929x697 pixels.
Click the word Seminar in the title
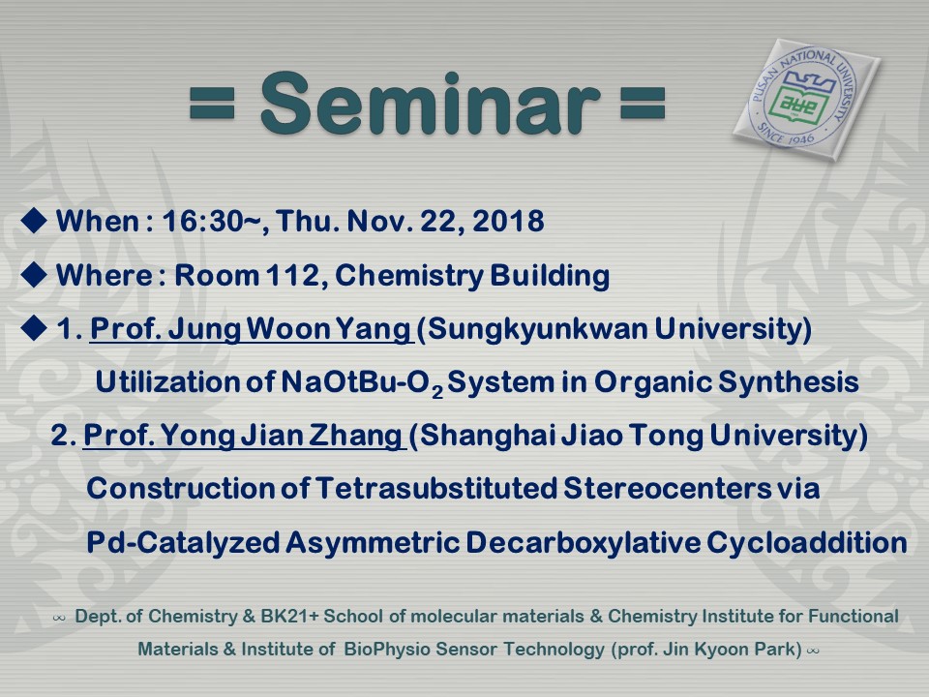tap(430, 104)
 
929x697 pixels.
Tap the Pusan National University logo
tap(806, 101)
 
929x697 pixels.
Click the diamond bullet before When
tap(34, 221)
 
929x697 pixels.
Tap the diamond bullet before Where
tap(34, 274)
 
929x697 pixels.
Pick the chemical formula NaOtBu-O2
tap(362, 382)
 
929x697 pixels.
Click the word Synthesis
tap(789, 381)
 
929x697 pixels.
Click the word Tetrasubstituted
tap(435, 488)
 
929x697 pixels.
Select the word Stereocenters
tap(667, 488)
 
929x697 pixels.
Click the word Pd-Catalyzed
tap(183, 542)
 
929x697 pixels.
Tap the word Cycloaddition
tap(806, 542)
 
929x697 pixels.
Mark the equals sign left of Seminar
tap(212, 103)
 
